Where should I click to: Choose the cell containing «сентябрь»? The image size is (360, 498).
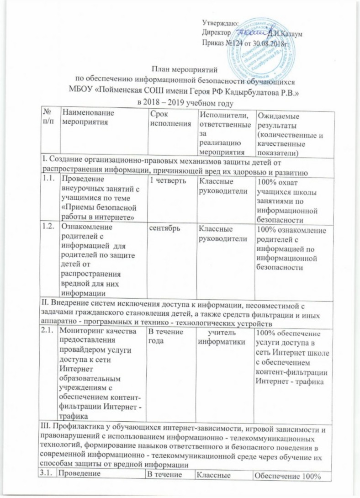point(158,226)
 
